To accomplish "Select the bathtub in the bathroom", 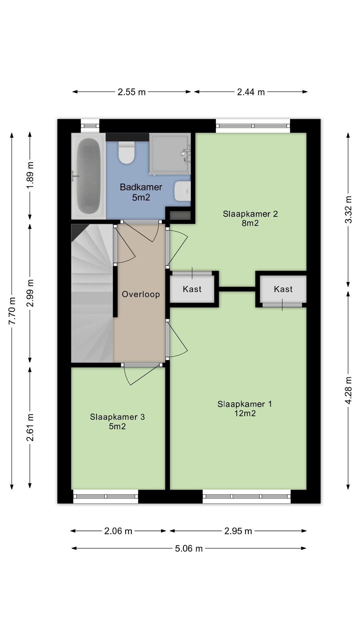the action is coord(88,176).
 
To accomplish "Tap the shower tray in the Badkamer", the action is coord(170,154).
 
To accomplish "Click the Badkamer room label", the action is coord(141,187).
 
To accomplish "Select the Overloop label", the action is coord(141,294).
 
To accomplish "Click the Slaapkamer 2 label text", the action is coord(250,214).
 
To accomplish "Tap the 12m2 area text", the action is coord(245,413).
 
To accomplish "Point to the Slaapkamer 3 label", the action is coord(117,417).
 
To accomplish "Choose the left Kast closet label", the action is coord(192,289).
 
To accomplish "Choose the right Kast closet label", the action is coord(283,289).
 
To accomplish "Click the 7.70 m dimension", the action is coord(12,311).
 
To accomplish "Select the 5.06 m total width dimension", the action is coord(189,549).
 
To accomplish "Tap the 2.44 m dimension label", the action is coord(251,92).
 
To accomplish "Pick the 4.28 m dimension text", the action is coord(348,390).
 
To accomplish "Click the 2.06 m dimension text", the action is coord(118,531).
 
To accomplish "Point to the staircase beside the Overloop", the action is coord(92,293).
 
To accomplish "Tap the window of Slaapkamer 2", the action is coord(253,126).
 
